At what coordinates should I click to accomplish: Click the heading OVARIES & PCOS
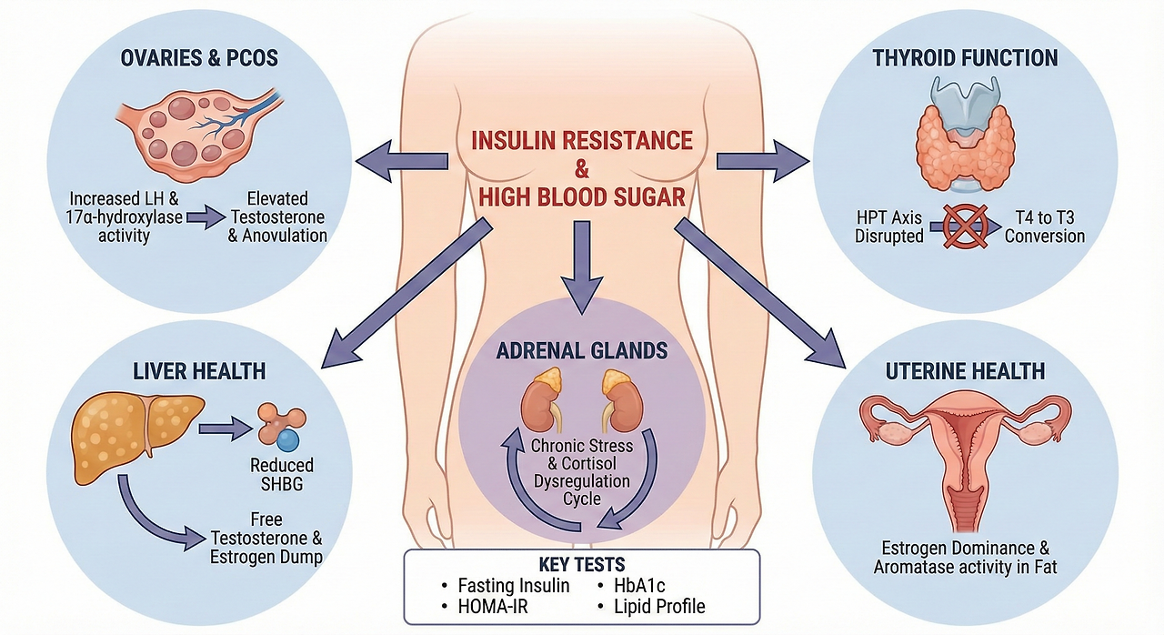point(199,59)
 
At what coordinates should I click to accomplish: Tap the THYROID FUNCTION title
point(965,59)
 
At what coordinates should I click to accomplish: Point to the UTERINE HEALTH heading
point(965,371)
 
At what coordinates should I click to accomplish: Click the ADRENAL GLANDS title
point(582,350)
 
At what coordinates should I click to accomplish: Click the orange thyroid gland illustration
point(964,142)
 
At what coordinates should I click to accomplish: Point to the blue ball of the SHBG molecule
point(288,441)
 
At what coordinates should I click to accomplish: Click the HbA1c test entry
point(637,585)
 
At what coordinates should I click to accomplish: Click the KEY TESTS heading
point(582,564)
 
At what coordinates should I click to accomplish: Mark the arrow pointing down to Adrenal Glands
point(582,267)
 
